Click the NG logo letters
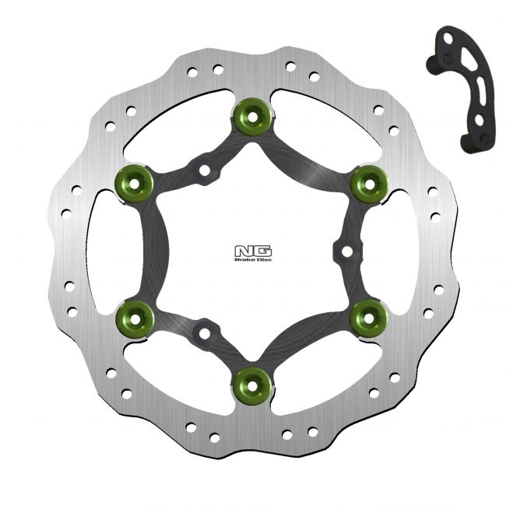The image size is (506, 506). (x=252, y=251)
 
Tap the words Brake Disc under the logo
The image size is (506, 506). (x=252, y=260)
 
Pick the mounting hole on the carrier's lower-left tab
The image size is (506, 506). (x=204, y=332)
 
